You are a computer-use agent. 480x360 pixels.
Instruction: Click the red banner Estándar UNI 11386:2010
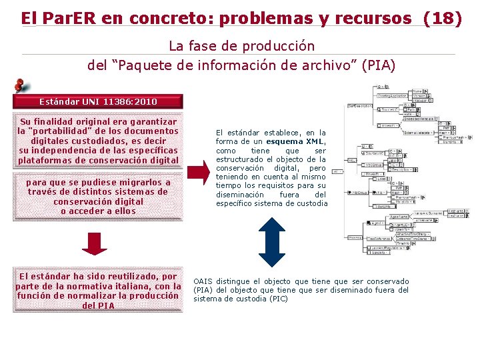[x=98, y=101]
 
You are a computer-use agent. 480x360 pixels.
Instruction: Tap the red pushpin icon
[x=22, y=86]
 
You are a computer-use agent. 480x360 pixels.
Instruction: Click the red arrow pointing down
[x=95, y=242]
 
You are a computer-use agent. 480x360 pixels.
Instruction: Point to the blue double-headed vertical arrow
[x=271, y=243]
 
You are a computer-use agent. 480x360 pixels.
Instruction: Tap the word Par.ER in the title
[x=69, y=18]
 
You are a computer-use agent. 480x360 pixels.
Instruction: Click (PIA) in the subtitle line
[x=378, y=65]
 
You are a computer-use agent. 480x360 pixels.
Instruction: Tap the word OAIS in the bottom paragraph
[x=203, y=281]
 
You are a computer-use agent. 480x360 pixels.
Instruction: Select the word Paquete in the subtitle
[x=147, y=65]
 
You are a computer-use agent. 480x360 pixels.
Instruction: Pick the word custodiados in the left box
[x=109, y=141]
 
